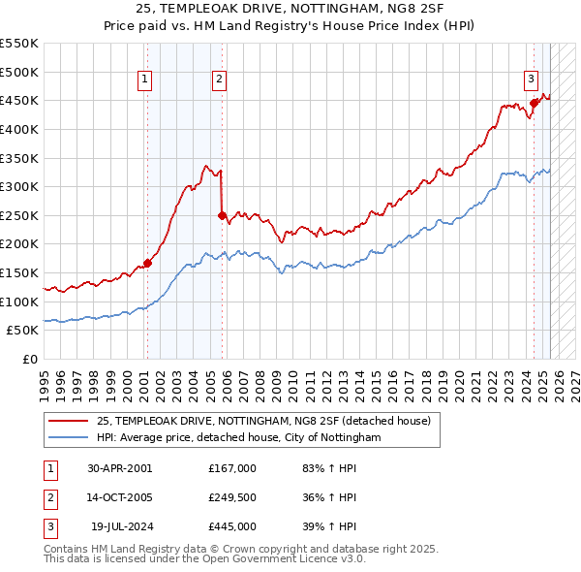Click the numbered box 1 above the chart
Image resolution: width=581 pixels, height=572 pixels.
pos(144,80)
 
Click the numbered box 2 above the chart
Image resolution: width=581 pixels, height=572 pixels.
pos(220,80)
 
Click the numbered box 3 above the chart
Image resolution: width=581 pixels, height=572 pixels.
pos(532,80)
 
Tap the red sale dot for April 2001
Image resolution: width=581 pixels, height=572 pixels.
pos(148,262)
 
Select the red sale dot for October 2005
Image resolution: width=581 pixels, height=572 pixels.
pos(223,215)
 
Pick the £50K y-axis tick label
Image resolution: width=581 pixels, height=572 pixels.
pos(23,331)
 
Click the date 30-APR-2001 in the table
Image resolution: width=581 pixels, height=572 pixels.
pos(120,468)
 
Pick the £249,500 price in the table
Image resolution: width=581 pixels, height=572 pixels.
pos(232,497)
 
